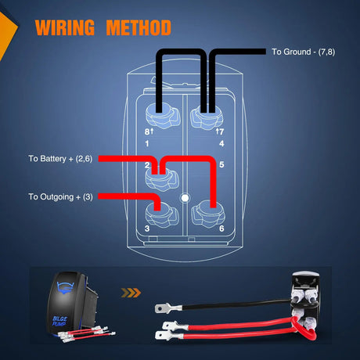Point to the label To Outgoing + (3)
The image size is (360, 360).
tap(60, 196)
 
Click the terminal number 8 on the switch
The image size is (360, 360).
tap(147, 132)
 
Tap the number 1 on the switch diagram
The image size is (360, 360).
tap(148, 143)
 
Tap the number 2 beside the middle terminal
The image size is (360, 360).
tap(147, 165)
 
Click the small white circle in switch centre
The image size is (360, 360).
tap(185, 198)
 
